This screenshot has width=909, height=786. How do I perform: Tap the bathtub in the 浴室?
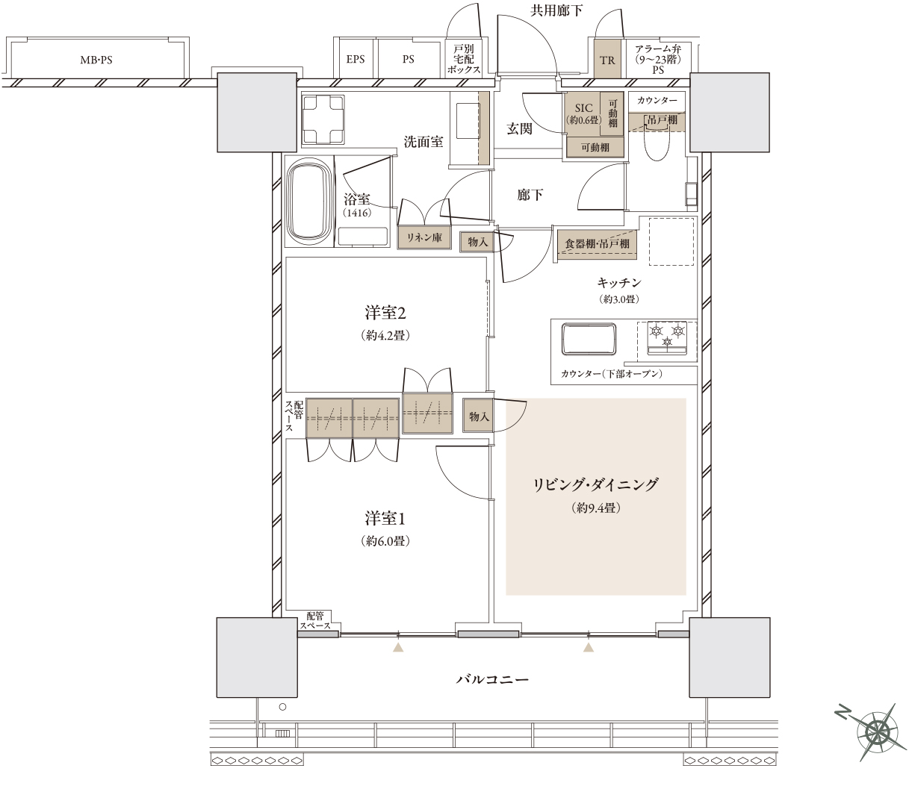308,204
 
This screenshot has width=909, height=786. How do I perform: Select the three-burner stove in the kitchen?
667,337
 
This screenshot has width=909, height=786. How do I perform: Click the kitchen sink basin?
589,338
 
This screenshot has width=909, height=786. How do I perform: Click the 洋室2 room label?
385,313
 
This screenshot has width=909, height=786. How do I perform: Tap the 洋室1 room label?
385,518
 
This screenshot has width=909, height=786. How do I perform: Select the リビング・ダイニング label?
596,484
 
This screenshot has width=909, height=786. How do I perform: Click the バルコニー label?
492,679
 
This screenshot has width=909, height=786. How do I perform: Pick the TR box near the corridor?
607,60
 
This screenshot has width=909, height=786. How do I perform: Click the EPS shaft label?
356,59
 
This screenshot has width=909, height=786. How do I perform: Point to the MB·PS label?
96,60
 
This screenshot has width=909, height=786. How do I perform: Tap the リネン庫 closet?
424,238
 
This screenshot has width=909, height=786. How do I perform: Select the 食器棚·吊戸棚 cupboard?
597,243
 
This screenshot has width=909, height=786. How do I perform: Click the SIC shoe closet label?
583,107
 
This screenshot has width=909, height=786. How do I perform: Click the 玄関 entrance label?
519,129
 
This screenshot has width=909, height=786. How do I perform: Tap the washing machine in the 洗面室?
323,119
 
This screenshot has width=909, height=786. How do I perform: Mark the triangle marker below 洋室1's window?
398,646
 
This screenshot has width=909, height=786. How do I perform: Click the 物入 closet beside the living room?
479,416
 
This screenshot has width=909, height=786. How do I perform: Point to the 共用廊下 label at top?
556,10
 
